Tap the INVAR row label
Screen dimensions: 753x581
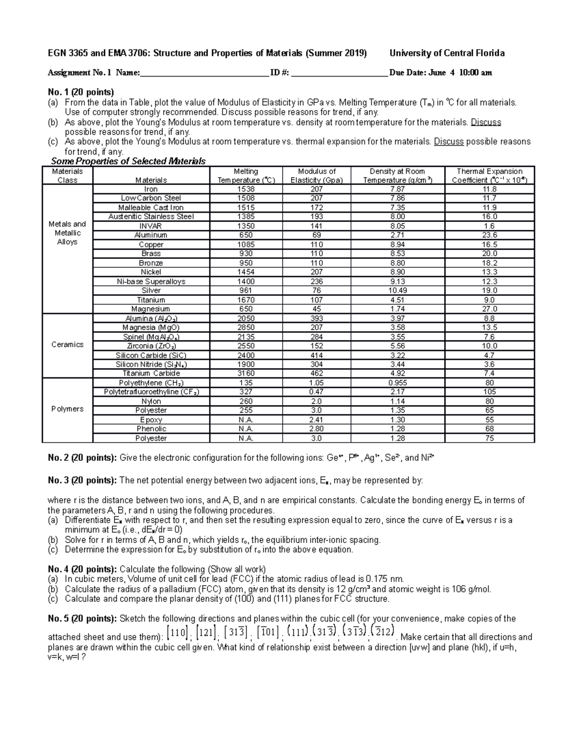[151, 226]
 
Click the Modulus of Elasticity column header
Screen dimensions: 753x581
[317, 176]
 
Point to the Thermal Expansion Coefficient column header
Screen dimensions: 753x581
[489, 176]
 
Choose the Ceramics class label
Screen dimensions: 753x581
[67, 345]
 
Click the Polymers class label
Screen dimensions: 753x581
[67, 409]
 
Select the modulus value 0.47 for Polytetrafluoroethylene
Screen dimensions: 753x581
[317, 392]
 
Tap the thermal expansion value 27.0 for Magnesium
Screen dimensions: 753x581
[489, 309]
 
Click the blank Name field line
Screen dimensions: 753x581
[204, 74]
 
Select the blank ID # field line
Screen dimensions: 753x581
[339, 74]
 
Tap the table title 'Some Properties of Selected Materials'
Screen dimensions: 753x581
[128, 161]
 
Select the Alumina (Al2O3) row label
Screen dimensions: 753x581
[151, 319]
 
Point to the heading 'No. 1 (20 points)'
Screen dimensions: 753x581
[81, 92]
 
